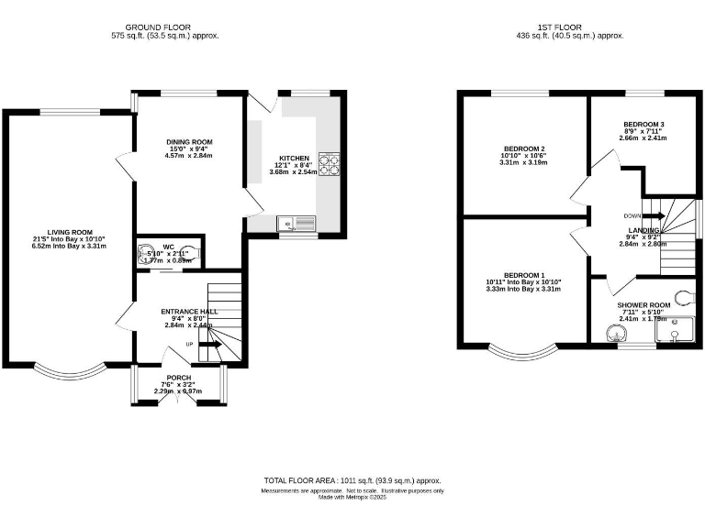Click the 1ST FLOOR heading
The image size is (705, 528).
tap(571, 27)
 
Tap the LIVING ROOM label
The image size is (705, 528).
tap(71, 232)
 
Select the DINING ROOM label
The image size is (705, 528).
tap(189, 142)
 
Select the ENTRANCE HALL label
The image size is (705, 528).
tap(188, 312)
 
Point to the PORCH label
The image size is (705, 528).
tap(178, 378)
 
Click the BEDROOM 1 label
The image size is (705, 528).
tap(524, 276)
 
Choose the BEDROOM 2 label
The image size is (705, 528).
tap(524, 148)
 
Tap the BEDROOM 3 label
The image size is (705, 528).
tap(643, 125)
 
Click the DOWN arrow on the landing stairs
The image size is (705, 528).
tap(653, 215)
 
